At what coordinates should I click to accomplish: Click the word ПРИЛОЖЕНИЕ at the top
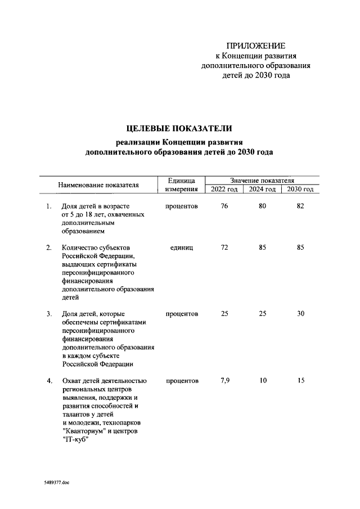pyautogui.click(x=256, y=46)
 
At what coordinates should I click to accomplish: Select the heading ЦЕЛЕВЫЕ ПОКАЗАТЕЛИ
pyautogui.click(x=179, y=129)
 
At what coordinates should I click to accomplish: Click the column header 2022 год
pyautogui.click(x=224, y=189)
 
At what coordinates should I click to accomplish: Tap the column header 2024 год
pyautogui.click(x=262, y=189)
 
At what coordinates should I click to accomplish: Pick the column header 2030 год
pyautogui.click(x=300, y=189)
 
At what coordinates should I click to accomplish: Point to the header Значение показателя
pyautogui.click(x=262, y=180)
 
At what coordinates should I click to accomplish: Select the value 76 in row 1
pyautogui.click(x=224, y=206)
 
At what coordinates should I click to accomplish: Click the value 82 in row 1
pyautogui.click(x=300, y=206)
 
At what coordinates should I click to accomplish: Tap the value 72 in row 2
pyautogui.click(x=224, y=247)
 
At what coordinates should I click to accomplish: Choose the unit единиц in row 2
pyautogui.click(x=181, y=247)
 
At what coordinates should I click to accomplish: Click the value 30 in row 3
pyautogui.click(x=300, y=313)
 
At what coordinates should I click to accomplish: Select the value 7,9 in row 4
pyautogui.click(x=224, y=381)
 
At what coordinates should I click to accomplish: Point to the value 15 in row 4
pyautogui.click(x=300, y=381)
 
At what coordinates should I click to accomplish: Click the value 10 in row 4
pyautogui.click(x=262, y=381)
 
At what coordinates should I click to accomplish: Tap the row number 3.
pyautogui.click(x=49, y=313)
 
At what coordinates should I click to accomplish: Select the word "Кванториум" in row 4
pyautogui.click(x=84, y=430)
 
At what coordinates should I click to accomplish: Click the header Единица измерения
pyautogui.click(x=181, y=184)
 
